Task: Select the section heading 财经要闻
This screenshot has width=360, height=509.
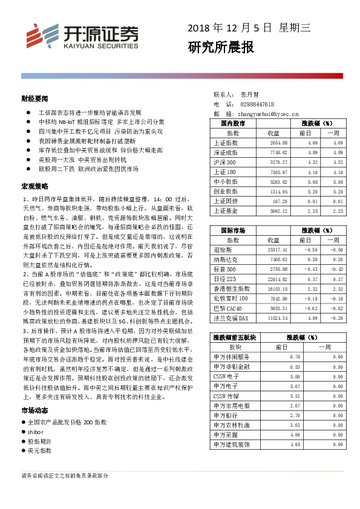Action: click(34, 99)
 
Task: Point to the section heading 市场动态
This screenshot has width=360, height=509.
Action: click(34, 410)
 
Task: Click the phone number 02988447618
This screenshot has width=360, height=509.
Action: click(257, 104)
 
